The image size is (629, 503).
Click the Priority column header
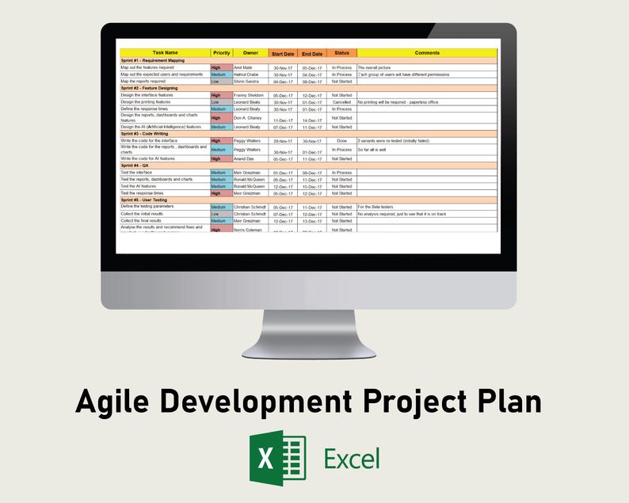222,53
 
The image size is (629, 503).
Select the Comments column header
426,53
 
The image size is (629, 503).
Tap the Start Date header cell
283,53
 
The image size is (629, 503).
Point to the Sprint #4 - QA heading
137,166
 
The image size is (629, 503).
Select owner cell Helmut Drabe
246,74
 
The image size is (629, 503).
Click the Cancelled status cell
341,101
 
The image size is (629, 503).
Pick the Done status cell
341,140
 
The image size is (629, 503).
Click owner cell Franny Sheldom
249,95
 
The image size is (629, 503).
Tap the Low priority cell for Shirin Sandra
221,81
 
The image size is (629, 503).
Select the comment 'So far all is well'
372,149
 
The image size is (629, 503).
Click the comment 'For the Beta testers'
375,207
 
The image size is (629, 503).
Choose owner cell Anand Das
244,158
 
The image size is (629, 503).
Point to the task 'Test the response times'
143,192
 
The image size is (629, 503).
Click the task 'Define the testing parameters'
147,207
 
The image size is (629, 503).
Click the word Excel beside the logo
351,458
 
